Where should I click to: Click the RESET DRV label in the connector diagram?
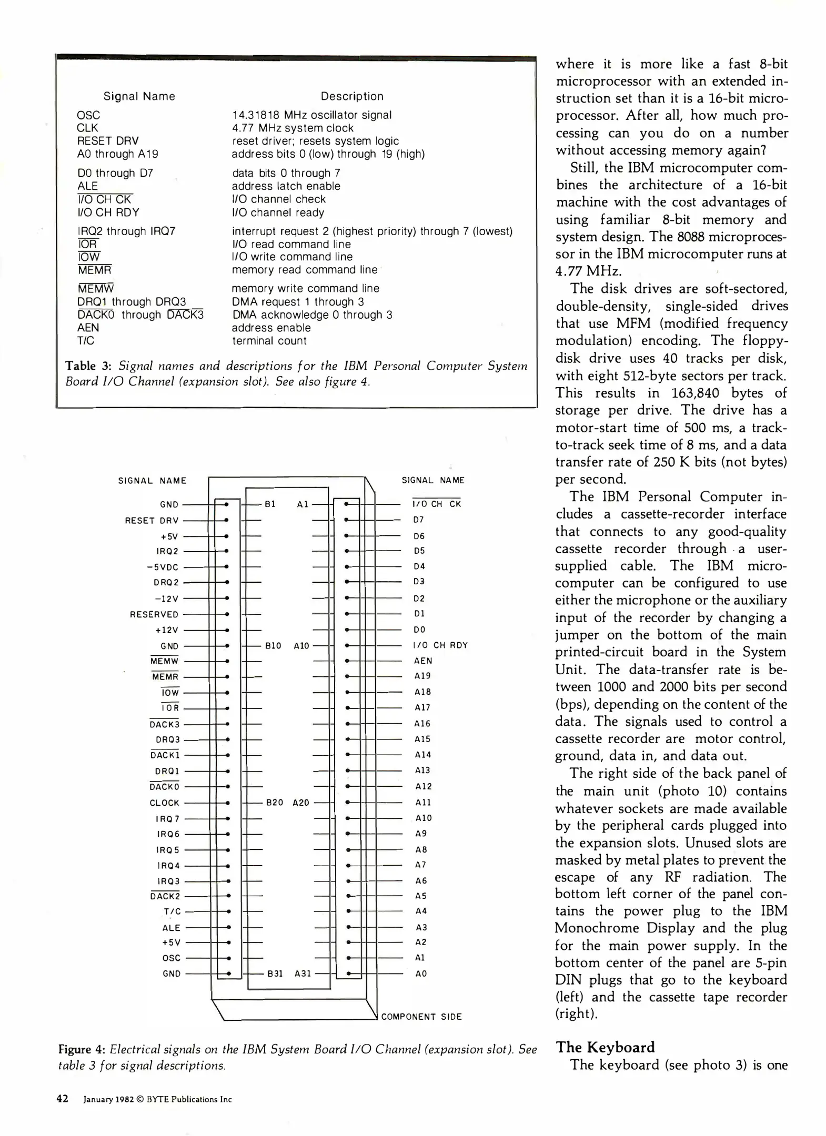152,521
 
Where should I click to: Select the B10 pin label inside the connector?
273,645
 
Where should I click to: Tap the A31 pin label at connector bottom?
303,973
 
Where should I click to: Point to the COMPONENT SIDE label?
421,1017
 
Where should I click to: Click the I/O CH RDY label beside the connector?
440,645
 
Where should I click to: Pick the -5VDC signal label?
163,567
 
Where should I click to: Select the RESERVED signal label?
154,614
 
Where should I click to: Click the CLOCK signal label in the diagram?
164,803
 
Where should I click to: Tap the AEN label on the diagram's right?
423,661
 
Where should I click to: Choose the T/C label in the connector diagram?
172,911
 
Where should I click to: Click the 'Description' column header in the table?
352,96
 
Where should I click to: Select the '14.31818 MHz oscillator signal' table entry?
311,115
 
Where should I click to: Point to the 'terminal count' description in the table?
269,341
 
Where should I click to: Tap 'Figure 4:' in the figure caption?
82,1049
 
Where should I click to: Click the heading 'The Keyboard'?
605,1047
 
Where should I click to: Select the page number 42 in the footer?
63,1099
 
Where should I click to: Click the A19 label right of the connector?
422,676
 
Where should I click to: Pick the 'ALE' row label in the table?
87,186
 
